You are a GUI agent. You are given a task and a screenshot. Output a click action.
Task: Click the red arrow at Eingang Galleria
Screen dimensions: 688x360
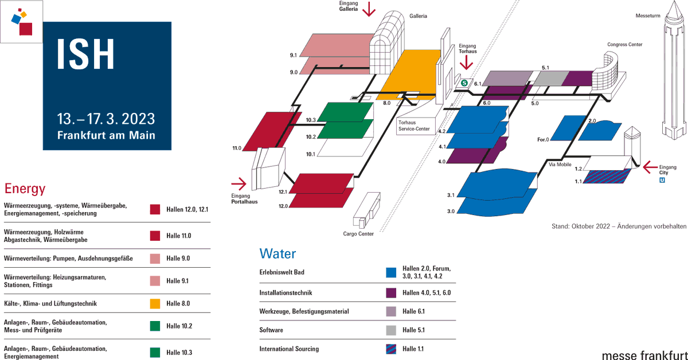tap(369, 9)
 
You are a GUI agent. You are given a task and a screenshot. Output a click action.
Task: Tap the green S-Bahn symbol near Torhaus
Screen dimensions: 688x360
tap(464, 83)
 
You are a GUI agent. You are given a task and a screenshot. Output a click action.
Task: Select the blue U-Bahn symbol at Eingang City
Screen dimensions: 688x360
tap(662, 181)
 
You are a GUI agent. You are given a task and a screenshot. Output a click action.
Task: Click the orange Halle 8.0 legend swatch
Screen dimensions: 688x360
tap(155, 303)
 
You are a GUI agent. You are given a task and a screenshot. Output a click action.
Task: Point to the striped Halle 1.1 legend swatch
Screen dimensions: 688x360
tap(391, 349)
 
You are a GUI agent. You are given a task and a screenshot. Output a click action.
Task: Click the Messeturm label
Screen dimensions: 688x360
tap(648, 16)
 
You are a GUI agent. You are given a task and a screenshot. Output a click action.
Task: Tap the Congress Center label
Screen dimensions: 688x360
tap(625, 45)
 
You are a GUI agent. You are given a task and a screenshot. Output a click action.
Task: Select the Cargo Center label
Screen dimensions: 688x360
tap(358, 234)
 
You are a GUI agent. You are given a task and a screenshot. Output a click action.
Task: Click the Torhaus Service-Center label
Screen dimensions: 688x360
tap(414, 126)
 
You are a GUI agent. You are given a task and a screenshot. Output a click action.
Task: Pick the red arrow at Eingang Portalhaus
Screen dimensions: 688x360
tap(239, 184)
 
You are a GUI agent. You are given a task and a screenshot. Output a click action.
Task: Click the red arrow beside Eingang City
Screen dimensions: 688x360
tap(650, 167)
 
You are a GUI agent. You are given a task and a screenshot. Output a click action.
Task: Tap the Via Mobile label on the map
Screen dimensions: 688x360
tap(560, 165)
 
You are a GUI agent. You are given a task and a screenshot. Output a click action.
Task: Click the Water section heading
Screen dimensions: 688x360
tap(277, 254)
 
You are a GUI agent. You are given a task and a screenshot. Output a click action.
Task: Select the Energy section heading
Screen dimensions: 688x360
tap(25, 189)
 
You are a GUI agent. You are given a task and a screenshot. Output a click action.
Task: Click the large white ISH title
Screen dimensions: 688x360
tap(85, 54)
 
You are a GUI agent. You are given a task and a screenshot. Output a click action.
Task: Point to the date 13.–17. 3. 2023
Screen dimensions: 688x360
tap(106, 119)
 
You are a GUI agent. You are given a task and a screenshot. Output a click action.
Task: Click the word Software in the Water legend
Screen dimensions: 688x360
tap(271, 330)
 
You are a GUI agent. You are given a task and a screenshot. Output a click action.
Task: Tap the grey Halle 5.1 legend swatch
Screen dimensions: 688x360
tap(391, 330)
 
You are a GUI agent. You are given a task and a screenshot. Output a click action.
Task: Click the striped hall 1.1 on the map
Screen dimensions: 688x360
tap(607, 177)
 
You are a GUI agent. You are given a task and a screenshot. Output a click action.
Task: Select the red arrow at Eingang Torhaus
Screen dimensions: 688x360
tap(466, 62)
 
